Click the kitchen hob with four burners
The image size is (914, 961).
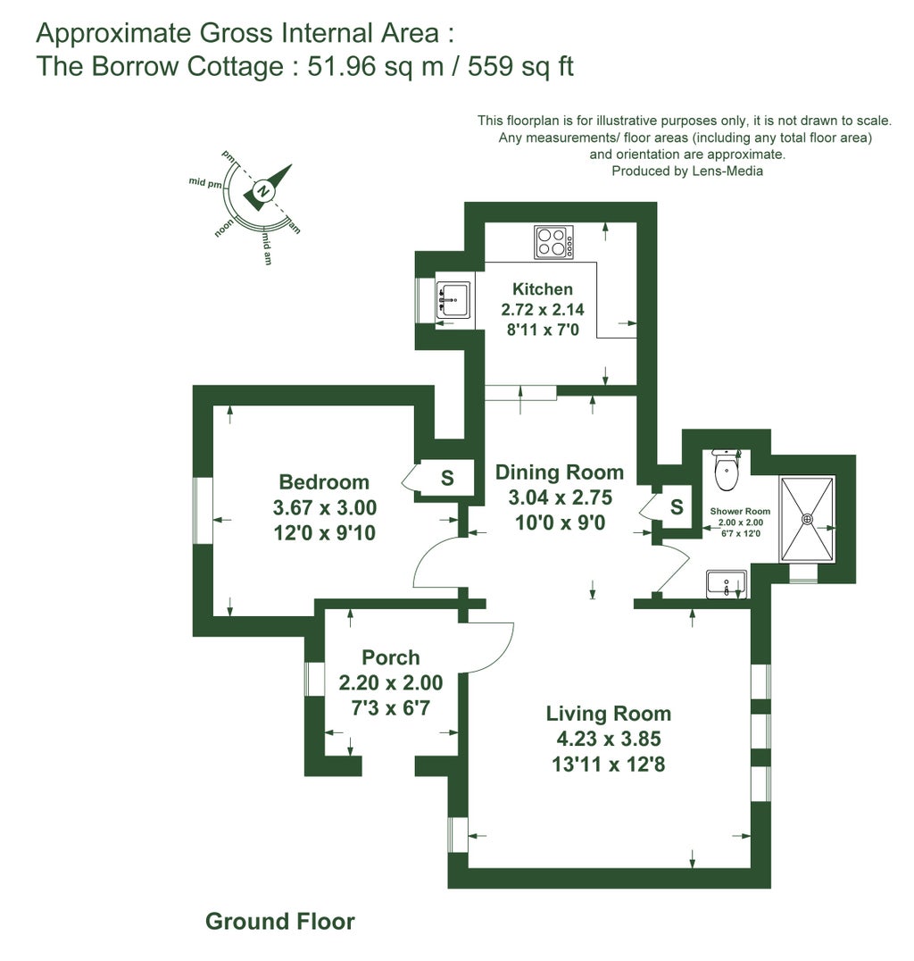(x=553, y=242)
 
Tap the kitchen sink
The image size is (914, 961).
(x=454, y=300)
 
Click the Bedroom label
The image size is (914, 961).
(x=324, y=482)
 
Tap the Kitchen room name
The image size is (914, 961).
(x=542, y=288)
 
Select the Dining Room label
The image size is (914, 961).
(x=559, y=472)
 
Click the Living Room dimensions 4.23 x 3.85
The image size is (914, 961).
(x=608, y=739)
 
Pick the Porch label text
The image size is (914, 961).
(x=391, y=657)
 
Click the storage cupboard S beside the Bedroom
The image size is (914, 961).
(x=446, y=479)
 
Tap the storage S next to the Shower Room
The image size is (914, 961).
(x=677, y=507)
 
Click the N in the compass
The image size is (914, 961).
(x=262, y=190)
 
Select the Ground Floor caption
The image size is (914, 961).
(x=279, y=921)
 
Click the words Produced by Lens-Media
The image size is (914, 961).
(x=686, y=171)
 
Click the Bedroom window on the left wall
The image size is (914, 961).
(x=204, y=509)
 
